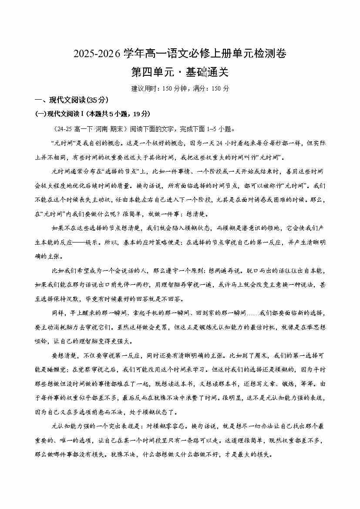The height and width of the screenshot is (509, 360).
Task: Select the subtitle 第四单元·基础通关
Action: point(180,71)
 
